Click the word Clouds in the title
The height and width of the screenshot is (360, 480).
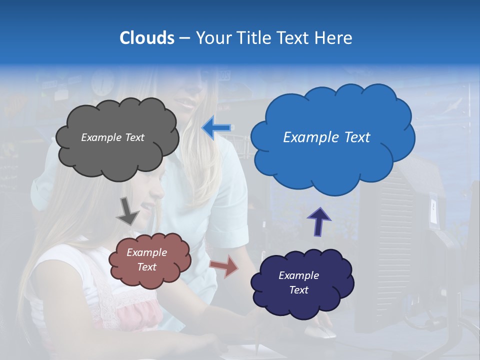click(146, 38)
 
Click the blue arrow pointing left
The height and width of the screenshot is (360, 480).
click(216, 128)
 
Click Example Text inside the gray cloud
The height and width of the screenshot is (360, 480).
click(112, 137)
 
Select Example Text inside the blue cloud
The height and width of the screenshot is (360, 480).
click(326, 137)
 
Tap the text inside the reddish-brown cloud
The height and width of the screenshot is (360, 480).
click(146, 259)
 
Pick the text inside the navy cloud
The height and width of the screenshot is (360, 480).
click(298, 282)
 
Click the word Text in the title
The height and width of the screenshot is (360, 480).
click(295, 38)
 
